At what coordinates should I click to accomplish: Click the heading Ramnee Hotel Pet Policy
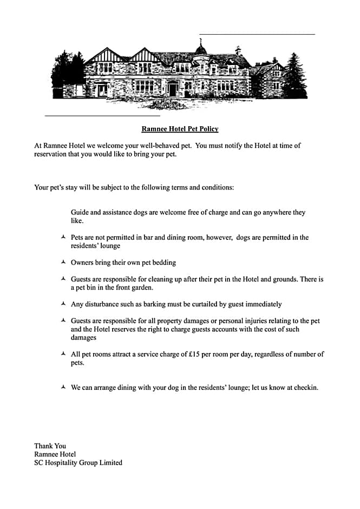[x=180, y=129]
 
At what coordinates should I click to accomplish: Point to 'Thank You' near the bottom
[x=50, y=446]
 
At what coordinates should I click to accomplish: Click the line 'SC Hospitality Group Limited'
[x=78, y=463]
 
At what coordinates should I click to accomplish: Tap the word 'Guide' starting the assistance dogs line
[x=80, y=213]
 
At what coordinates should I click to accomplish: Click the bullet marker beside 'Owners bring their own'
[x=63, y=262]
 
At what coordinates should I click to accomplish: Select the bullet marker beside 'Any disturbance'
[x=63, y=304]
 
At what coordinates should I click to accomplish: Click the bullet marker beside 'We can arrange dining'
[x=63, y=387]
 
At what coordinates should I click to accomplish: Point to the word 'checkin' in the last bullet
[x=305, y=388]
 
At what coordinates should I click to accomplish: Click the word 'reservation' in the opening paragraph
[x=51, y=154]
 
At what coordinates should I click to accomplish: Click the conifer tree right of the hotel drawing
[x=294, y=76]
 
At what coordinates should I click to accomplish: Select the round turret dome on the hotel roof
[x=201, y=50]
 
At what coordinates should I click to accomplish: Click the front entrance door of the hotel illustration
[x=172, y=89]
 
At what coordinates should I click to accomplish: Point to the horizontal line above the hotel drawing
[x=257, y=34]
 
